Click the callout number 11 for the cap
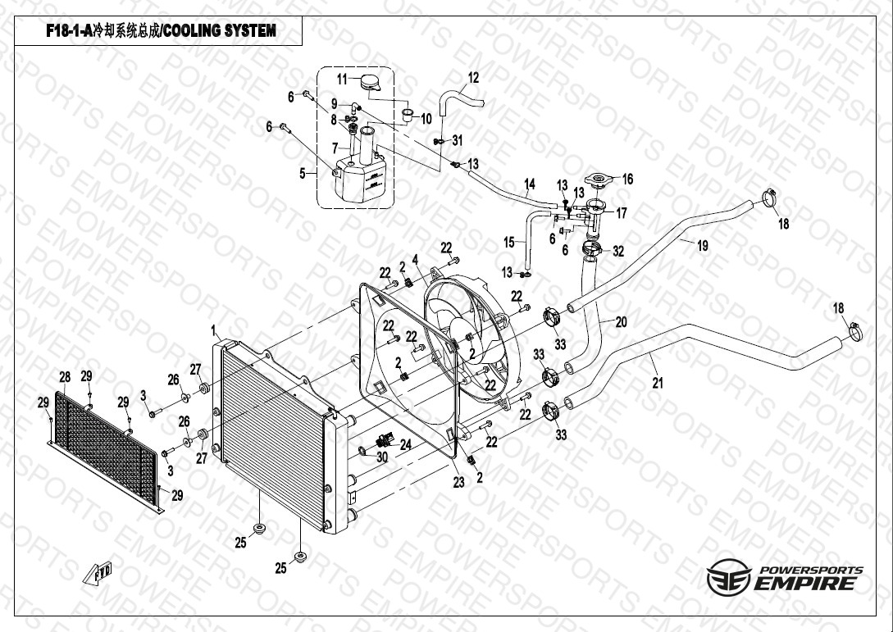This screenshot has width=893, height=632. (x=342, y=80)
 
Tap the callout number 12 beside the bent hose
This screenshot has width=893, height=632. (x=473, y=77)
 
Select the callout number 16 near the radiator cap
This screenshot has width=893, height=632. (x=627, y=180)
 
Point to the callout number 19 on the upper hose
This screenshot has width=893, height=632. (x=703, y=245)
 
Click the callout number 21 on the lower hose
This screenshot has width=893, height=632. (x=658, y=383)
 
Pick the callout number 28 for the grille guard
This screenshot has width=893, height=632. (x=65, y=376)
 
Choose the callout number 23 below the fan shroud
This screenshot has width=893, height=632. (x=458, y=482)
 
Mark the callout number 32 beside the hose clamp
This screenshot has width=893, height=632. (x=618, y=251)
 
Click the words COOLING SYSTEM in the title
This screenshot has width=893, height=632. (x=219, y=31)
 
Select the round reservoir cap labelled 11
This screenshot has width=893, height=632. (x=370, y=83)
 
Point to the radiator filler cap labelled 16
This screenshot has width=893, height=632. (x=597, y=181)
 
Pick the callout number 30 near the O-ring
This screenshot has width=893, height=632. (x=382, y=457)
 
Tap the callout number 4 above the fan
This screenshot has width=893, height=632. (x=415, y=260)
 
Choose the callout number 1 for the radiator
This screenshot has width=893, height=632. (x=213, y=330)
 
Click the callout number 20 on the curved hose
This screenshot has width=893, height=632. (x=621, y=321)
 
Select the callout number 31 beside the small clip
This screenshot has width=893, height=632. (x=458, y=140)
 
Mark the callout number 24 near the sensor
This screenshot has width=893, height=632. (x=405, y=444)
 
